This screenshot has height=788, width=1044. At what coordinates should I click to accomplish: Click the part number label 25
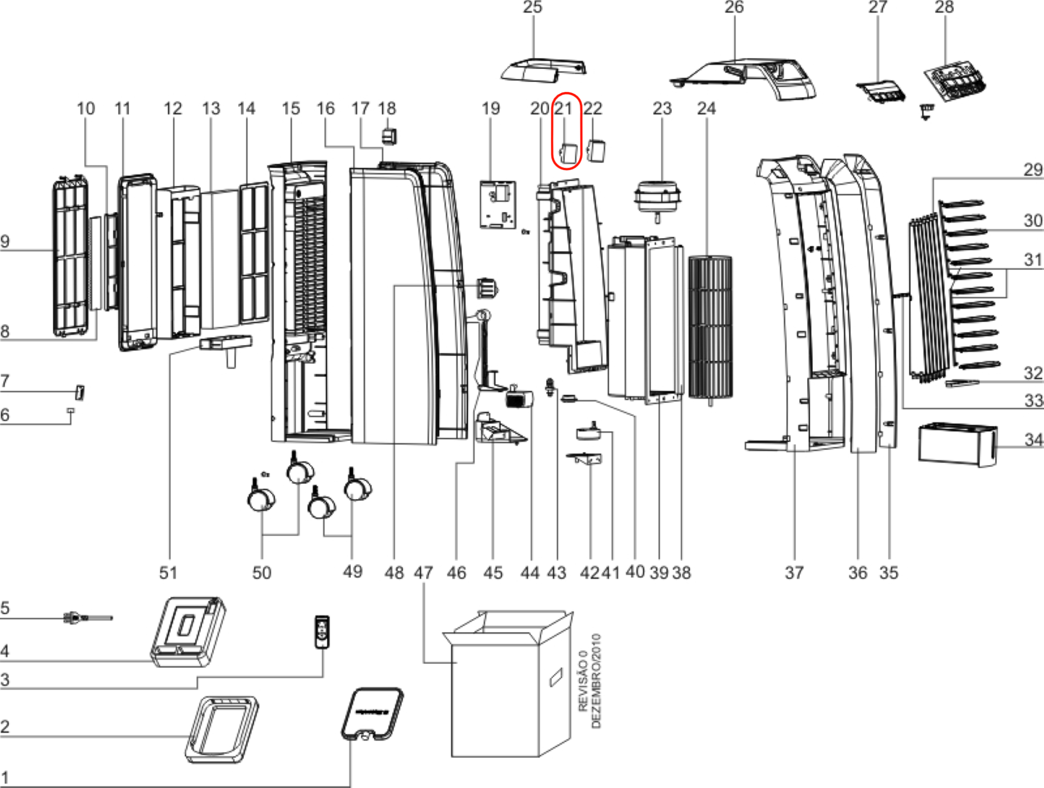tap(532, 7)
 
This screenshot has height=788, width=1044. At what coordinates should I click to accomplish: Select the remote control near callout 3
tap(322, 632)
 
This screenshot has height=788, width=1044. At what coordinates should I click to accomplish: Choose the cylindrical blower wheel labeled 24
tap(710, 327)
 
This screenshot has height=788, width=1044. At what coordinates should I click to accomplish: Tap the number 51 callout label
tap(168, 572)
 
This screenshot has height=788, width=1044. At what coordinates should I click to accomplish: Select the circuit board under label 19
tap(498, 205)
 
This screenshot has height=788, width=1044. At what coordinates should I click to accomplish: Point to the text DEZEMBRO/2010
tap(597, 680)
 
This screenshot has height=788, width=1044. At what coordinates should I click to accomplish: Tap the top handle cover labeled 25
tap(543, 70)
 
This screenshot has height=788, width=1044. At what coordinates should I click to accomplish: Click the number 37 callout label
tap(794, 572)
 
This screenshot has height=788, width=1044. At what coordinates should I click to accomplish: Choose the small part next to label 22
tap(596, 150)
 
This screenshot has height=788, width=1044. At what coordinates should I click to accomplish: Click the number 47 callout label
tap(423, 572)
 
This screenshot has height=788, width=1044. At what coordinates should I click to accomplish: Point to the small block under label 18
tap(389, 137)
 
